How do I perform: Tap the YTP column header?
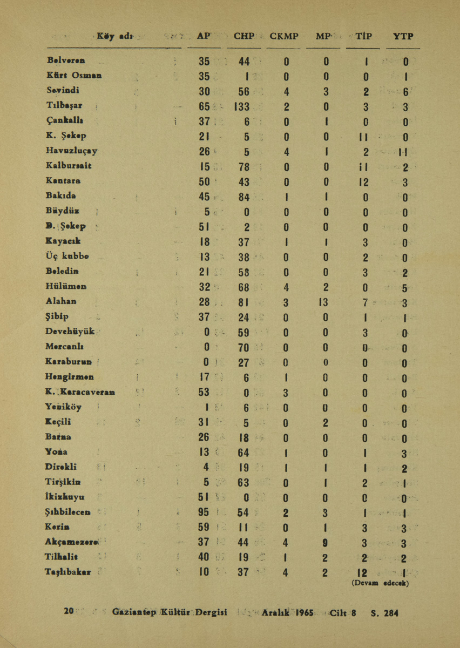coord(404,37)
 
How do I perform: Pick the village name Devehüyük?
coord(71,331)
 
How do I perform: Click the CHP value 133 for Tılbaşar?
coord(241,106)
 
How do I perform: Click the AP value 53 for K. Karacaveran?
coord(204,391)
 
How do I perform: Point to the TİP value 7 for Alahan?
coord(365,301)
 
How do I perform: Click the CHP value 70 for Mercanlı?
coord(243,346)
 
